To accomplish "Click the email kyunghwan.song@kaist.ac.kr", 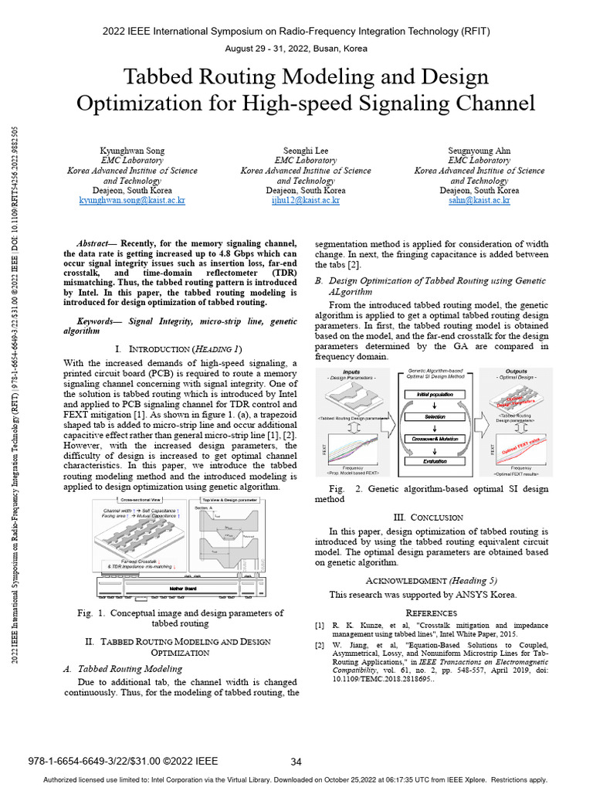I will [x=132, y=200].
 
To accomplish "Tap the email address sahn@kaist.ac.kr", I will [x=479, y=200].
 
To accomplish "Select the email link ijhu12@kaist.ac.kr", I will [x=306, y=200].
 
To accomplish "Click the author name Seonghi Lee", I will [x=306, y=150].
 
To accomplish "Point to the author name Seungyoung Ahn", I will [x=479, y=150].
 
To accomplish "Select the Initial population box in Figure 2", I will [x=435, y=394].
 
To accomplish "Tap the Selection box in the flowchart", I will [x=435, y=416].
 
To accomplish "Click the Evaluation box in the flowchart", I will [x=435, y=460].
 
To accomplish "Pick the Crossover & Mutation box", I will [x=435, y=439].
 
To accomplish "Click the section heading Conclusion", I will [x=439, y=518].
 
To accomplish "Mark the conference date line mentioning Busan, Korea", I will [x=296, y=49].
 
